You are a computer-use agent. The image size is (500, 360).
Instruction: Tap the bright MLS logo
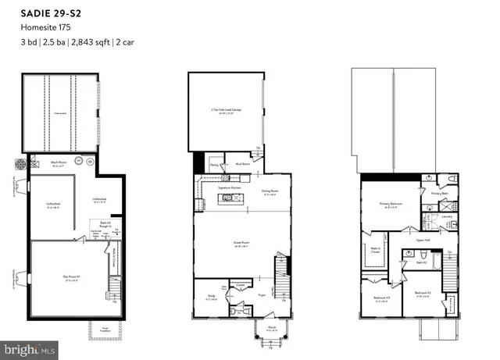[29, 349]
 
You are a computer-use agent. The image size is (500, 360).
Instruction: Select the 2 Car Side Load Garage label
[226, 112]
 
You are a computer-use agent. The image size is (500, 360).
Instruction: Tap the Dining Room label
[270, 191]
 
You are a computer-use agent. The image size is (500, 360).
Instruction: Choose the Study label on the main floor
[211, 297]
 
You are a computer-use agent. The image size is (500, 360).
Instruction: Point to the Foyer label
[262, 295]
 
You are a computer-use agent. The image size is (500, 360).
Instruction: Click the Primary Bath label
[441, 192]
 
